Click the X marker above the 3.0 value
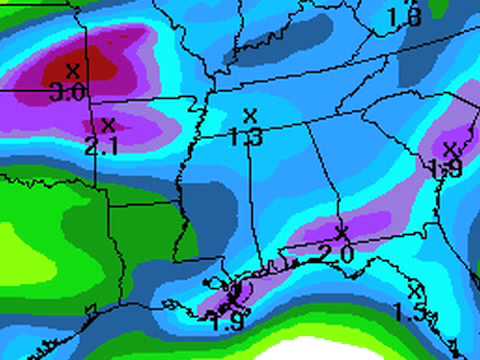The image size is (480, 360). (72, 70)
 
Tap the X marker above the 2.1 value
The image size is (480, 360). (109, 125)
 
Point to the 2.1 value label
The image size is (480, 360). (100, 147)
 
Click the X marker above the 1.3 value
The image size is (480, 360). (249, 115)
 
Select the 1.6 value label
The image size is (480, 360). (405, 17)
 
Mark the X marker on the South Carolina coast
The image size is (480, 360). (447, 149)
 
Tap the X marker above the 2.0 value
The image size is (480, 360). (342, 233)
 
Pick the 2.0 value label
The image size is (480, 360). (337, 255)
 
